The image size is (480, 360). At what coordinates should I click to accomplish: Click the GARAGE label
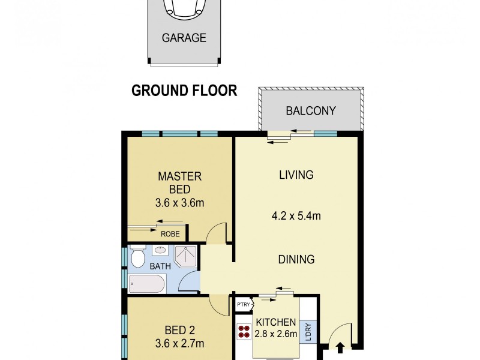pos(184,38)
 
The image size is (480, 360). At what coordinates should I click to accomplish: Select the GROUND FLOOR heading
pos(184,91)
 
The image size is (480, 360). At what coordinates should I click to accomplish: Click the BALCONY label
pos(310,111)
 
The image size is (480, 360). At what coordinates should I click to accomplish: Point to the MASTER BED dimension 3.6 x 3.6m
pos(179,203)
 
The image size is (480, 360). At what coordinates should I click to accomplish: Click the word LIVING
pos(296,175)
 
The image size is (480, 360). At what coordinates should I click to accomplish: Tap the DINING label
pos(296,260)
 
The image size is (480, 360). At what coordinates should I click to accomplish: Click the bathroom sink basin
pos(161,251)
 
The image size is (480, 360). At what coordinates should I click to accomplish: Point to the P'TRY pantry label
pos(243,305)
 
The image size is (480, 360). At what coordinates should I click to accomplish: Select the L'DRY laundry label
pos(308,333)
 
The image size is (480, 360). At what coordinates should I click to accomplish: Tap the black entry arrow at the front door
pos(341,347)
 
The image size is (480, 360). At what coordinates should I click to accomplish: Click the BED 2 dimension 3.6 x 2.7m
pos(179,344)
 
